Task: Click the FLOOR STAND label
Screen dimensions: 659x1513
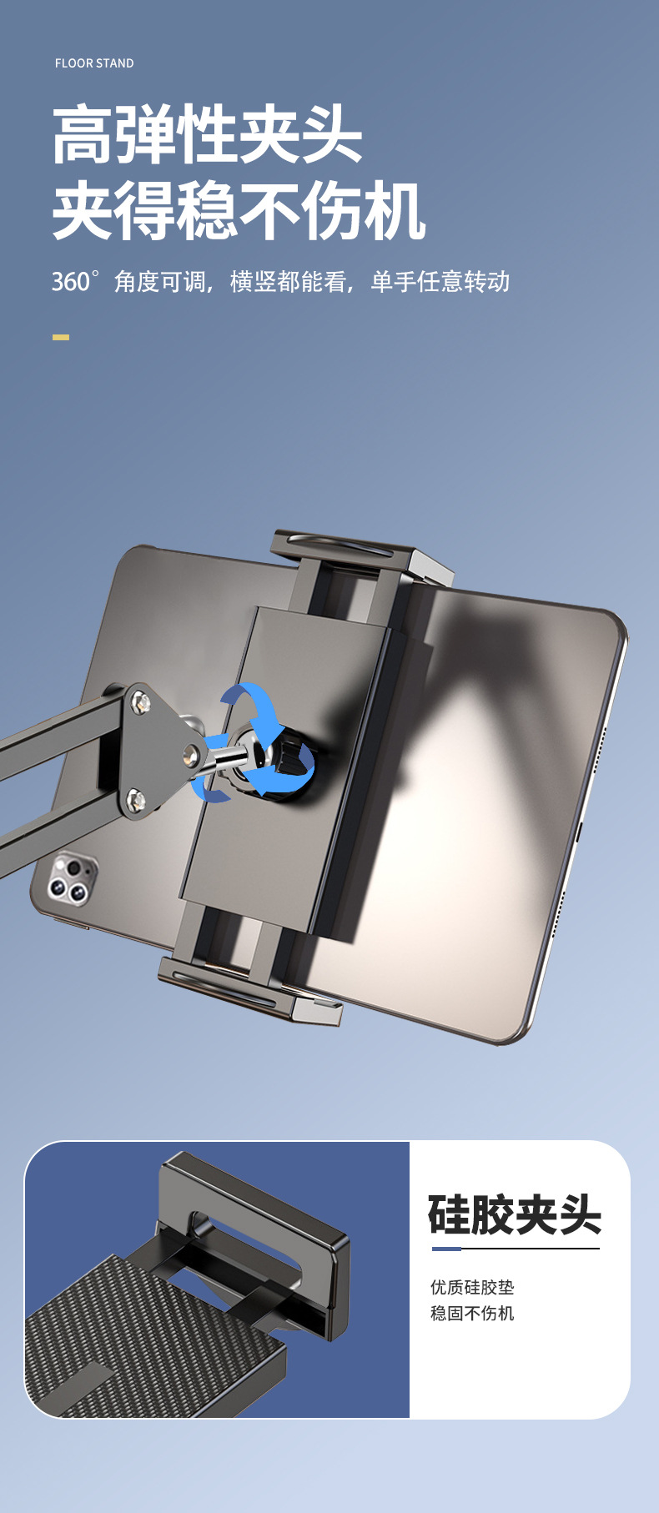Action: tap(94, 63)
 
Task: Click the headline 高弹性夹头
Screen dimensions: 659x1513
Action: tap(208, 135)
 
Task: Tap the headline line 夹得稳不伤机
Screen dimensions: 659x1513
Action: tap(239, 211)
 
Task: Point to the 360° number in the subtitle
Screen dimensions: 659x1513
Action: tap(75, 281)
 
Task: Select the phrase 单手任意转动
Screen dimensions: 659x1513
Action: tap(440, 282)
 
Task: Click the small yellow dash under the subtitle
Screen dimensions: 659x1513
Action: tap(61, 337)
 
